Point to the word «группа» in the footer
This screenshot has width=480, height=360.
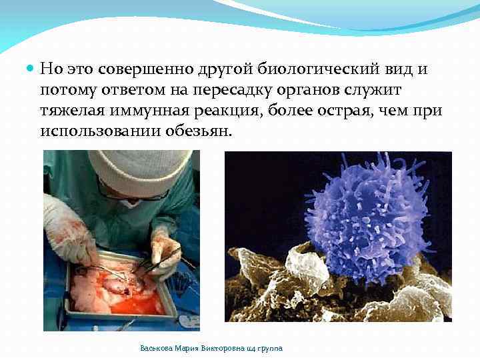[269, 348]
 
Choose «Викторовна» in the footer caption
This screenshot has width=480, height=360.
[214, 348]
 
